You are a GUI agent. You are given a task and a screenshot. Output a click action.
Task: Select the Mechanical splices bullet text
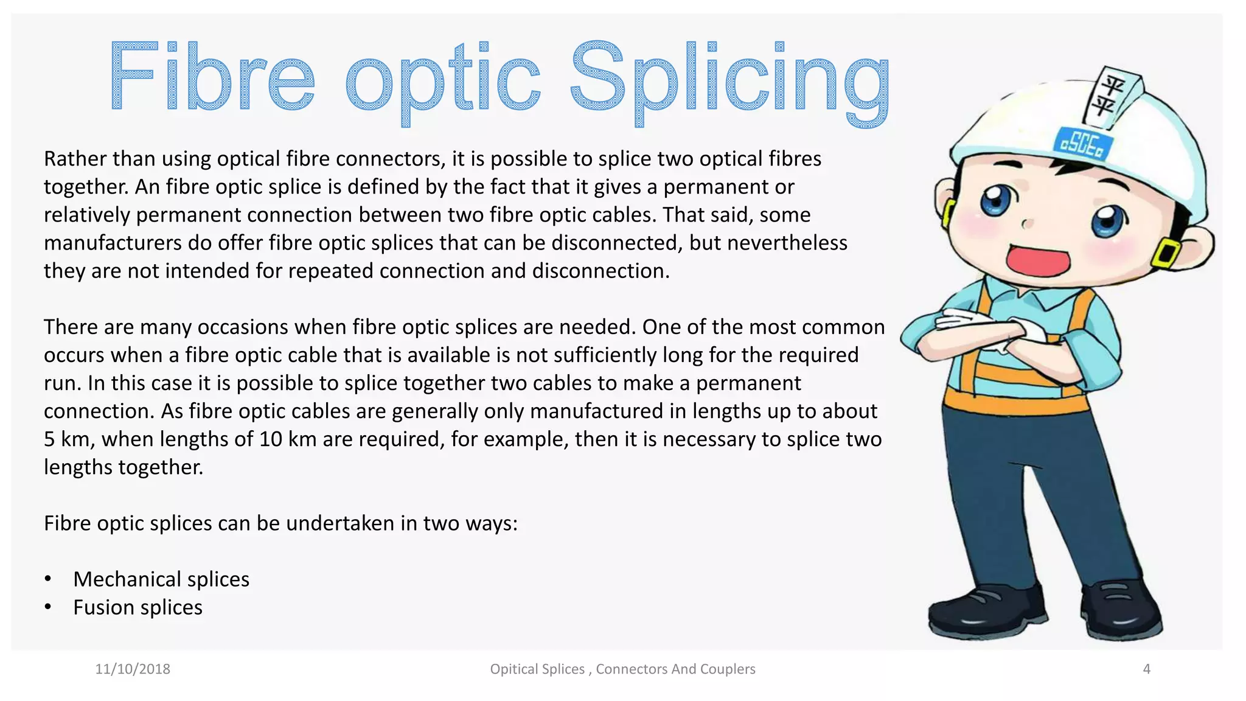coord(161,579)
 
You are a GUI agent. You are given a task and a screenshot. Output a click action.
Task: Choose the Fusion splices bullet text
coord(137,607)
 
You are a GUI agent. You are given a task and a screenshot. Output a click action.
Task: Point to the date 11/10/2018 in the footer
coord(133,669)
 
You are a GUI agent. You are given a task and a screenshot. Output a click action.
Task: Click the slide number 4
coord(1147,669)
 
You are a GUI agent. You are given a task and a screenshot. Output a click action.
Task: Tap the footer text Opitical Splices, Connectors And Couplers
coord(622,669)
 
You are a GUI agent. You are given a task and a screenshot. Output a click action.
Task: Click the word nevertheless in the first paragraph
coord(787,243)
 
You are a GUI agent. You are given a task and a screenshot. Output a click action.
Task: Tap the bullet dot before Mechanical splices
coord(48,579)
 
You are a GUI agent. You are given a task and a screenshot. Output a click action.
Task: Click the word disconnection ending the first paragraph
coord(600,271)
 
